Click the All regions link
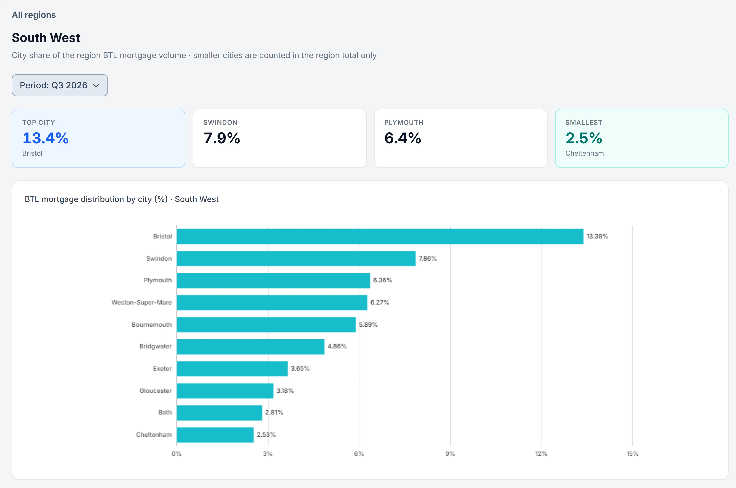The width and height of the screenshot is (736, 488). coord(34,15)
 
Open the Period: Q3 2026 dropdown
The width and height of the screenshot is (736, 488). coord(60,85)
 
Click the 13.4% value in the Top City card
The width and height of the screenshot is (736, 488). coord(45,138)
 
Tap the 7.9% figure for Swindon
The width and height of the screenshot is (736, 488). coord(222,138)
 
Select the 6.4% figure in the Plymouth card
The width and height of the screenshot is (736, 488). coord(403,138)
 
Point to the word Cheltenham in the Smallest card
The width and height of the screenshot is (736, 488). coord(585,153)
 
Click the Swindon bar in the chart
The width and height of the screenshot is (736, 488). coord(296,259)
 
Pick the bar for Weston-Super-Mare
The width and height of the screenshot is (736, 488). coord(272,302)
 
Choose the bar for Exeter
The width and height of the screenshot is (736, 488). coord(232,369)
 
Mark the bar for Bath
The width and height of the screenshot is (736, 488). coord(219,413)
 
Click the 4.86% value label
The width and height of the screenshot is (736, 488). coord(337,346)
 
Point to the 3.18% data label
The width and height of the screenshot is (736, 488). coord(285,391)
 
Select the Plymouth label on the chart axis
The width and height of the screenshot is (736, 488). coord(158,280)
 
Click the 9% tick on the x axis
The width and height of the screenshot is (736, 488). coord(450,454)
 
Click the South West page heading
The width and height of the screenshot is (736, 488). coord(46,38)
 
